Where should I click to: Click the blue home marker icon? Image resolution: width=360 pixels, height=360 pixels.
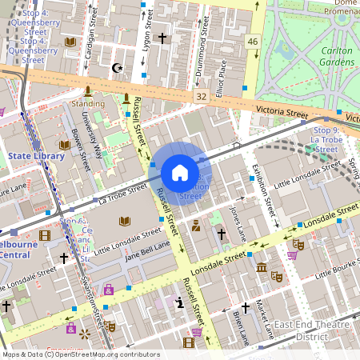pos(180,173)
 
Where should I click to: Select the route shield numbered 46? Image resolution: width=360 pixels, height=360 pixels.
pos(253,41)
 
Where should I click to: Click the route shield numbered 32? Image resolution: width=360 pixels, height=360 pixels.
pos(200,95)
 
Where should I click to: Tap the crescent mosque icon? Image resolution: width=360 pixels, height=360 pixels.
pos(118,68)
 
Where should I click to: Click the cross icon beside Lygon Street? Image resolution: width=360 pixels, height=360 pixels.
pos(162,38)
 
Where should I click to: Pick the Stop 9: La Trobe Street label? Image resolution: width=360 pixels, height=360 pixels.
pos(326,139)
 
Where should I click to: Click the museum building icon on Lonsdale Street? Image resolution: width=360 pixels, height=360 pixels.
pos(261,266)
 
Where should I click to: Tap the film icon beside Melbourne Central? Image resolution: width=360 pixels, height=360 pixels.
pos(44,234)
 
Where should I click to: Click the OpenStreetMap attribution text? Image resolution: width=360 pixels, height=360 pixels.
pos(81,354)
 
